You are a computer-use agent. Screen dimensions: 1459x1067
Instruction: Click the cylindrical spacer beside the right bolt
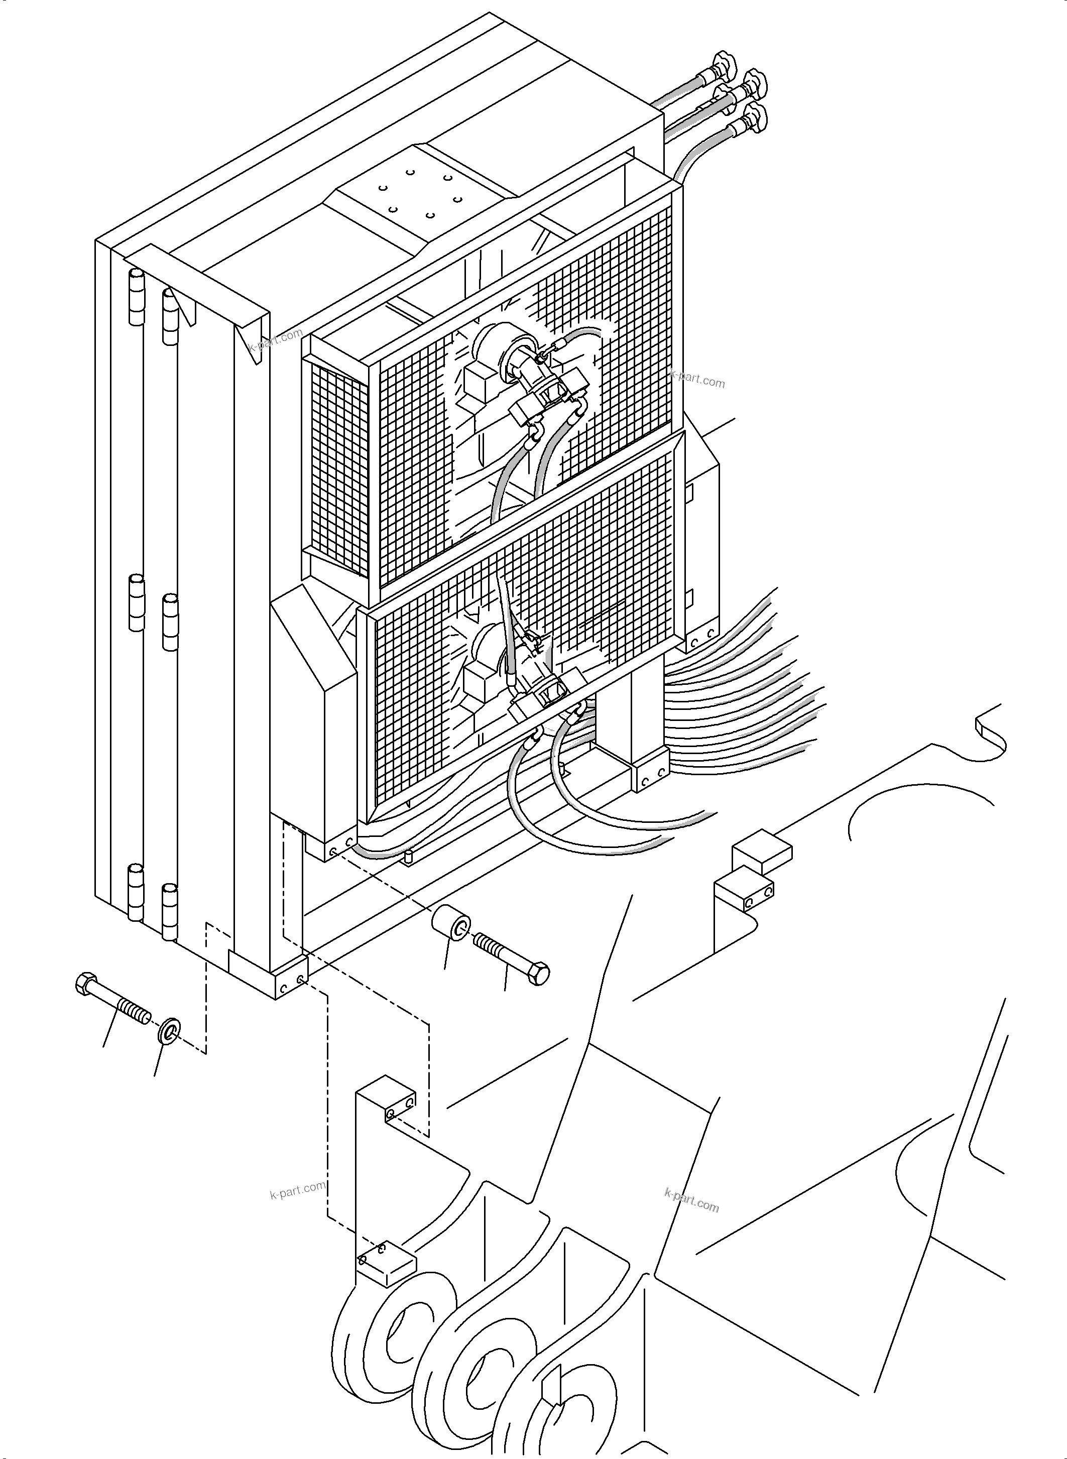(451, 930)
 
